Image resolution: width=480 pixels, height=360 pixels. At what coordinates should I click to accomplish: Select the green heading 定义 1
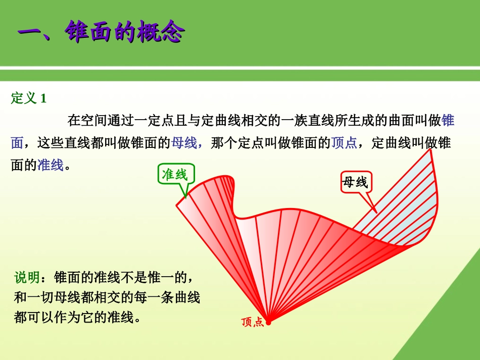point(29,98)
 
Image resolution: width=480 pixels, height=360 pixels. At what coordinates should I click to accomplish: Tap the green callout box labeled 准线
point(174,175)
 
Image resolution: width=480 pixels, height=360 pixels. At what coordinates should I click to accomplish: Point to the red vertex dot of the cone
point(268,322)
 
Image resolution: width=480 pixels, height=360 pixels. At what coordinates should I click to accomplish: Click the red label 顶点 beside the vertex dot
point(253,322)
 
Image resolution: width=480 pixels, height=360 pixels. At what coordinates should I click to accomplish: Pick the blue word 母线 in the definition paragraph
point(184,143)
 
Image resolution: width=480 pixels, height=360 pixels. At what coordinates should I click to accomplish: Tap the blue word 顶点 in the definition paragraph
point(344,143)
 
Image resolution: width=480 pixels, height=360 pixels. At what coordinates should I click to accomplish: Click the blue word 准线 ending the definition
point(51,165)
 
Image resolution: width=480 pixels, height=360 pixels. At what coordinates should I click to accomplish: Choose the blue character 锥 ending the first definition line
point(448,121)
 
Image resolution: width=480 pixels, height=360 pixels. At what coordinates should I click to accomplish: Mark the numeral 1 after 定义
point(43,98)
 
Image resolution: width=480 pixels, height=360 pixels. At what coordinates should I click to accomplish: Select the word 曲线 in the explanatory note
point(187,297)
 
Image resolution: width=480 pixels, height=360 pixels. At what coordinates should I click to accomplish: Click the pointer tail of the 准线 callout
point(185,192)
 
